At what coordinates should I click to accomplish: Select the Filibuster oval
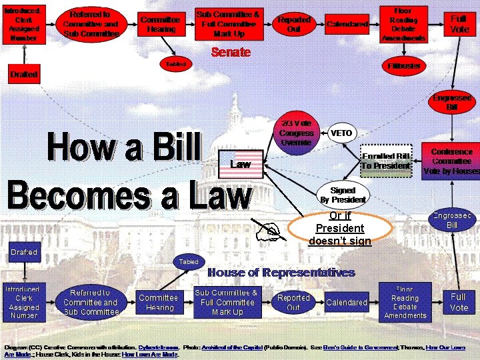(404, 66)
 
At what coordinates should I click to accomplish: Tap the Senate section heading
(230, 52)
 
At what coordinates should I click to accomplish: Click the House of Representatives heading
(281, 272)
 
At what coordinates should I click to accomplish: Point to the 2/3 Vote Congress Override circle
(296, 133)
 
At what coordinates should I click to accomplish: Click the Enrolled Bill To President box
(385, 161)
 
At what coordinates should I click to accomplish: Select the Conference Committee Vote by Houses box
(451, 161)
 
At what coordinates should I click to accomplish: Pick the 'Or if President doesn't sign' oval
(339, 228)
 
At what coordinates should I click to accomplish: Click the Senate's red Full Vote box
(459, 24)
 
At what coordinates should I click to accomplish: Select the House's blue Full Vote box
(459, 301)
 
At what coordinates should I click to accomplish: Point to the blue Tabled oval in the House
(189, 261)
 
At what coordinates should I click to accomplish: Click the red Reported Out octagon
(293, 25)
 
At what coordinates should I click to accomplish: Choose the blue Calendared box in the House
(347, 302)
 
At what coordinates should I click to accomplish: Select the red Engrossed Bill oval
(452, 102)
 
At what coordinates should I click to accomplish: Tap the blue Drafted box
(24, 252)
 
